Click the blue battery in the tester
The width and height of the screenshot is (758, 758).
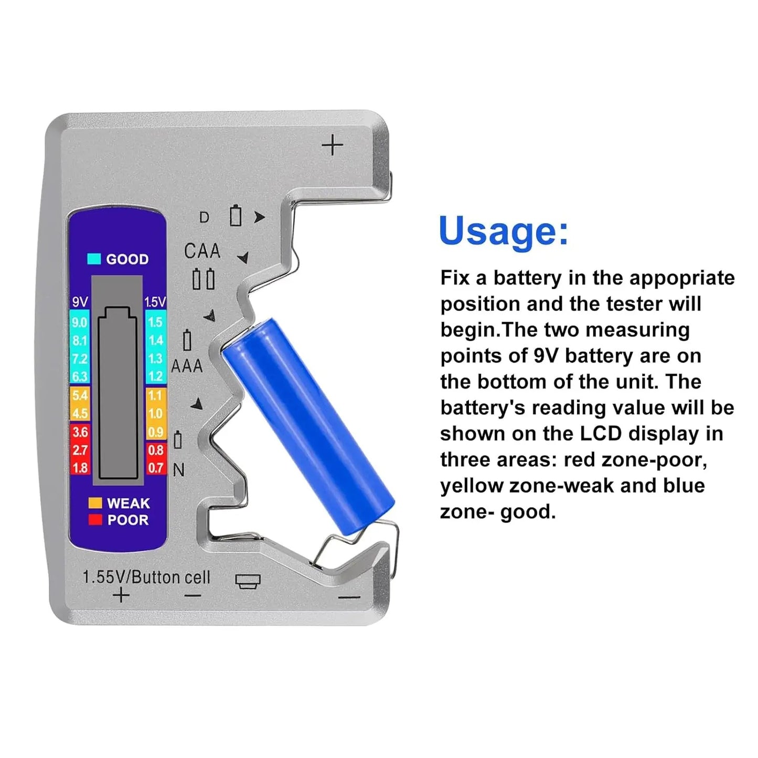click(x=308, y=426)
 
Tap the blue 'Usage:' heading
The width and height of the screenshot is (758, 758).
click(x=503, y=231)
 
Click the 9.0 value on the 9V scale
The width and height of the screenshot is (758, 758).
click(x=80, y=323)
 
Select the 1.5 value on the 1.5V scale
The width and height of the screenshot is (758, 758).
click(x=155, y=323)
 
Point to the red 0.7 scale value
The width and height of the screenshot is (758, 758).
click(x=155, y=467)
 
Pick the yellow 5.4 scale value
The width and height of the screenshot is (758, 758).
click(x=80, y=396)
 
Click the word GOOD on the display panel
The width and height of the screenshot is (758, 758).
click(x=127, y=259)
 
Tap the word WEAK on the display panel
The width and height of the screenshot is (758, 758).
click(x=128, y=504)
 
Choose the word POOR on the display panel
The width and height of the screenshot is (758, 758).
click(x=127, y=520)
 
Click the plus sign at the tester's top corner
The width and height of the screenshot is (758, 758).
click(x=332, y=145)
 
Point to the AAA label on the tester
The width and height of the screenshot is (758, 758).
click(x=187, y=366)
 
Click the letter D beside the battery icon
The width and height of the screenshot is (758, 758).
click(x=204, y=217)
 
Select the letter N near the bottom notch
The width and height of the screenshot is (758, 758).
click(x=178, y=470)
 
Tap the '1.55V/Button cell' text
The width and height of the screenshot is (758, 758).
click(x=146, y=577)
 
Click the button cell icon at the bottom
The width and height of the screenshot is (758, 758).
click(x=248, y=581)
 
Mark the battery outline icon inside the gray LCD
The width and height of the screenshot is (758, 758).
click(x=118, y=393)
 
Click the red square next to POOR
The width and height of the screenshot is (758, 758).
click(x=95, y=520)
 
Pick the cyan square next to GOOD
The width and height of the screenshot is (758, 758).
click(x=94, y=259)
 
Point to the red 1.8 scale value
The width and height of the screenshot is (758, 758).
click(x=80, y=467)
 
